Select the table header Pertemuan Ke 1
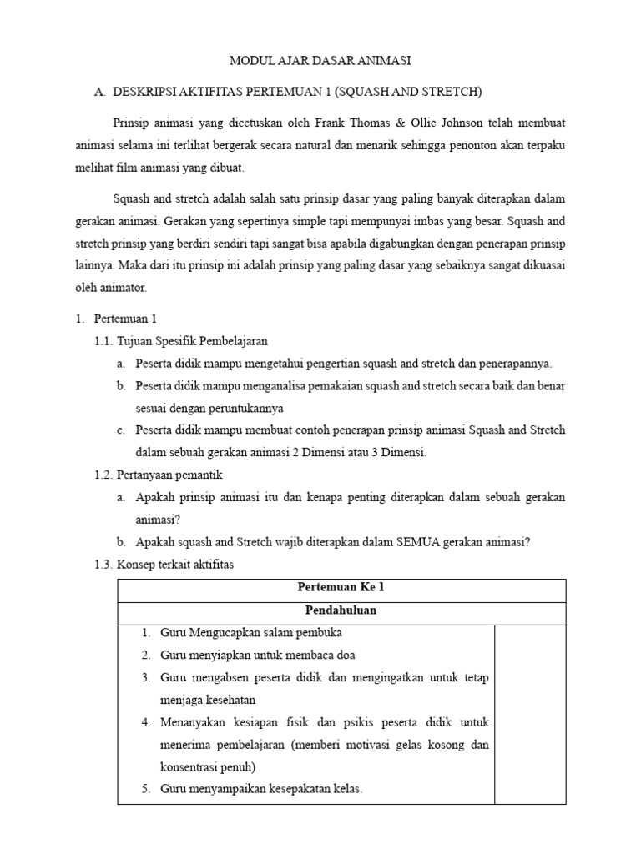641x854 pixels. [x=341, y=587]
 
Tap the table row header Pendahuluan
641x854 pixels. [x=341, y=610]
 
